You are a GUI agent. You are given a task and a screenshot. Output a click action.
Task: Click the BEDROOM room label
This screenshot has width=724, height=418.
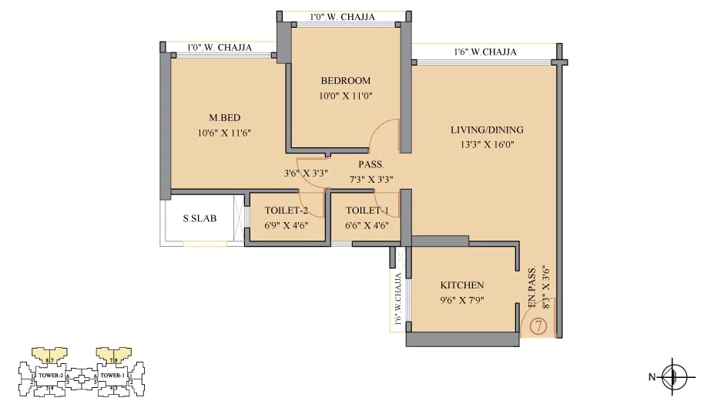[346, 80]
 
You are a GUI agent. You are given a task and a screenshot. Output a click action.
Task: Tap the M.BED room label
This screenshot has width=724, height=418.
[225, 118]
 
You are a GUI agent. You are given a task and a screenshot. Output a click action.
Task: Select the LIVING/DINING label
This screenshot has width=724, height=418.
[487, 130]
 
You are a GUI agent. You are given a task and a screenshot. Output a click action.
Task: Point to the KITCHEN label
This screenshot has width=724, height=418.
[462, 285]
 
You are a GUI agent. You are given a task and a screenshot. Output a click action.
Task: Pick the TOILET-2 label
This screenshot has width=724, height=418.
[287, 211]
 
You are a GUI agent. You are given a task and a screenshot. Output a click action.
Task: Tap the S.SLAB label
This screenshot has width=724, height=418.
[199, 218]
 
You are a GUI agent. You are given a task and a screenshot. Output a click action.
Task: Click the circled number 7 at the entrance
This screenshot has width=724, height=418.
[538, 326]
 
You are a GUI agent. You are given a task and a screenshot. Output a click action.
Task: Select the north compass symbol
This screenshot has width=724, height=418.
[674, 377]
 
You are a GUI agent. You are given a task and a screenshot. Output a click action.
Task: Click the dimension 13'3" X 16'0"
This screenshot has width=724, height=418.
[487, 143]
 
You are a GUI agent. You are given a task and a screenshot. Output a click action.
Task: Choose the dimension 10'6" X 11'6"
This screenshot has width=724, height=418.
[225, 133]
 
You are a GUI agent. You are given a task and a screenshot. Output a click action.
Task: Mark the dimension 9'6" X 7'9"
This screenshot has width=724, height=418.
[462, 300]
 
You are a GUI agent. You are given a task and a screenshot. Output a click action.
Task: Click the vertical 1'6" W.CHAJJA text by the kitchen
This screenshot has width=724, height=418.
[398, 298]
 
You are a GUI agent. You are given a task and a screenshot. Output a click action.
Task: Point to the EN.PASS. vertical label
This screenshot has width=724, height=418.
[531, 290]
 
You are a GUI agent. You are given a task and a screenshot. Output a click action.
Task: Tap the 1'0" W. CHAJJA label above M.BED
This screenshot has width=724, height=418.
[220, 47]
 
